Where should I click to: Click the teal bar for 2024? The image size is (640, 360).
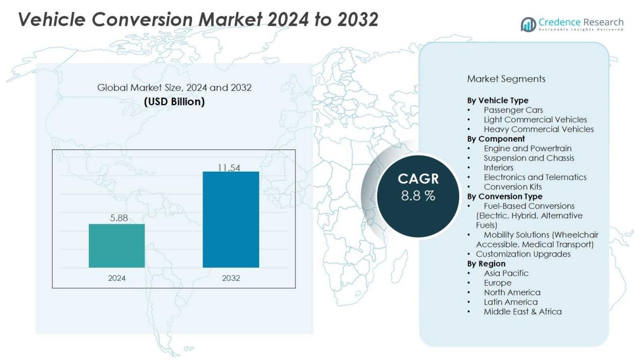click(x=117, y=245)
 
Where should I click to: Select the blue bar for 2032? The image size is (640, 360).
click(x=231, y=219)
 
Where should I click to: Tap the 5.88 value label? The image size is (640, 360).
click(x=119, y=218)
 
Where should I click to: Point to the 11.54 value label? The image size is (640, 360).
click(x=229, y=168)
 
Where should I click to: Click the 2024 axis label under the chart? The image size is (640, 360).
click(x=117, y=278)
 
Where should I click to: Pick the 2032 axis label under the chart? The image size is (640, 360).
click(x=231, y=278)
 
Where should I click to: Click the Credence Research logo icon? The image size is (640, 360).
click(x=528, y=24)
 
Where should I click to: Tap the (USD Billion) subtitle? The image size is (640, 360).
click(x=174, y=101)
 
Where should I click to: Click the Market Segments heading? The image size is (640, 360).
click(x=506, y=79)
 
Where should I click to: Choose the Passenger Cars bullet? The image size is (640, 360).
click(x=513, y=110)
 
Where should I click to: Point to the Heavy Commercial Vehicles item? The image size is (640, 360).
click(x=538, y=129)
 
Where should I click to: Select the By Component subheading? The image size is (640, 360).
click(x=496, y=139)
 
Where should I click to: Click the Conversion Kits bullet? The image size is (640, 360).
click(x=513, y=187)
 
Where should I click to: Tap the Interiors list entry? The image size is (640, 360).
click(x=499, y=168)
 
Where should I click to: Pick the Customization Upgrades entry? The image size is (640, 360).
click(x=523, y=254)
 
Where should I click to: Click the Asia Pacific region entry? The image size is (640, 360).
click(x=506, y=273)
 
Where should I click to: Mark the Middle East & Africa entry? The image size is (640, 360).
click(x=522, y=312)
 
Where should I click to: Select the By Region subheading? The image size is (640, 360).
click(x=486, y=264)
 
